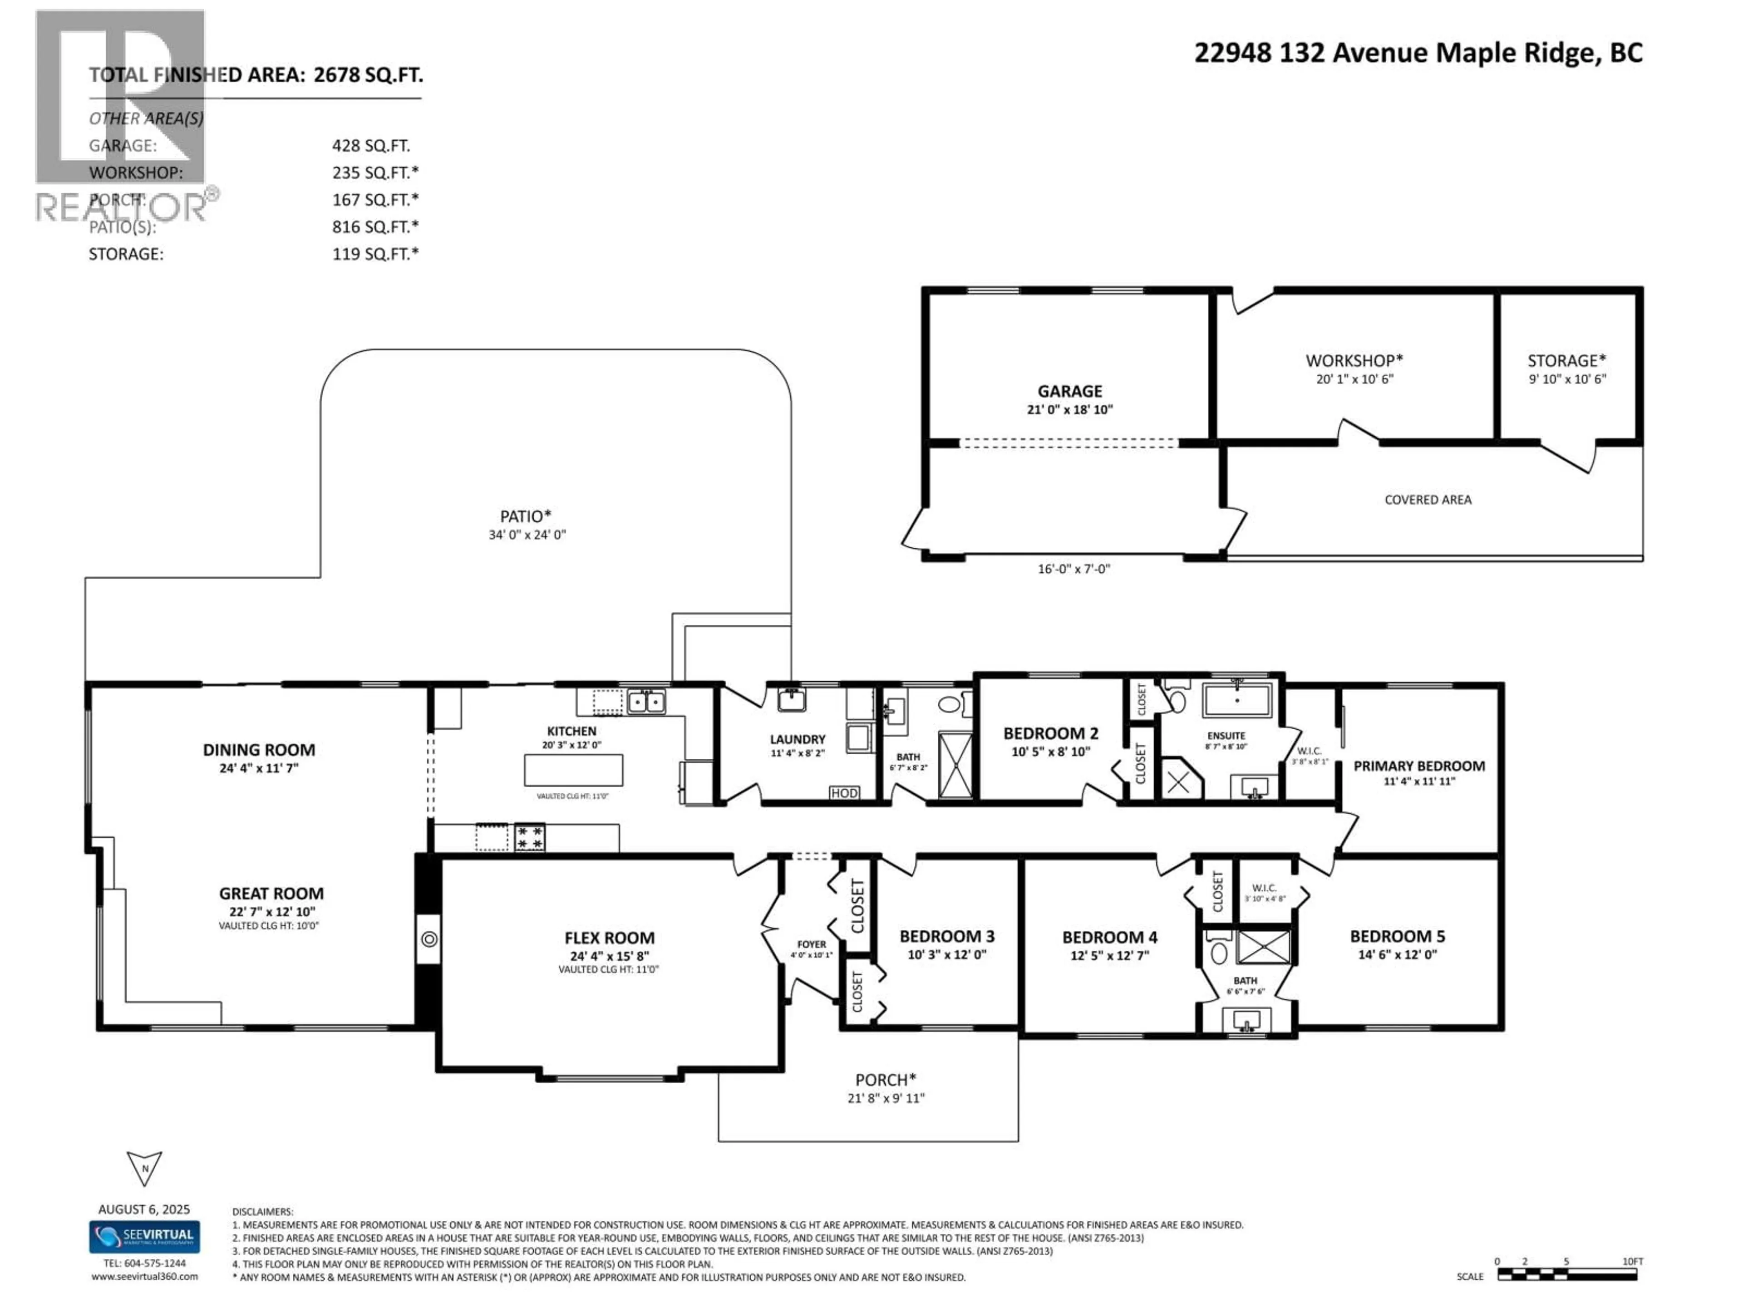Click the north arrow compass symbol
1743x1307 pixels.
click(144, 1168)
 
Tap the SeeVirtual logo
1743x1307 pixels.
click(144, 1236)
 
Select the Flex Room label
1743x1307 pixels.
click(609, 938)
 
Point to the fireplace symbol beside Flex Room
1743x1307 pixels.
click(428, 938)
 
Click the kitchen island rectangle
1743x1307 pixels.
click(573, 770)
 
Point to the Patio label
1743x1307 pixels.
click(526, 516)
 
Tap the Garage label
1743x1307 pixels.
click(1069, 391)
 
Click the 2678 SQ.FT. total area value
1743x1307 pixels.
click(368, 75)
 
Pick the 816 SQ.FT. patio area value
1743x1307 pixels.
click(375, 227)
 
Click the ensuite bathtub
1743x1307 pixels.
click(1236, 700)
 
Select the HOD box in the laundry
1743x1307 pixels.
click(843, 792)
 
